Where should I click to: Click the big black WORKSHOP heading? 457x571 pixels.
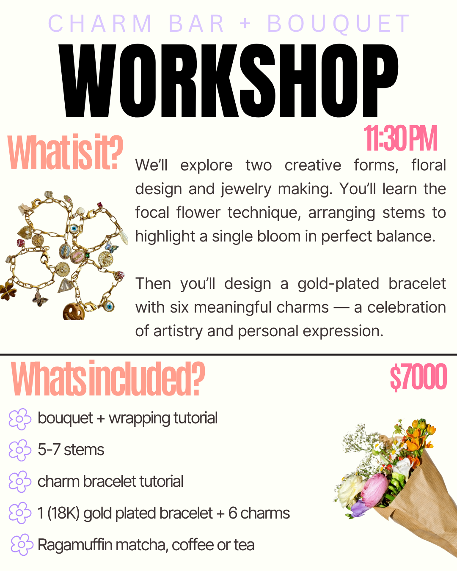tap(228, 80)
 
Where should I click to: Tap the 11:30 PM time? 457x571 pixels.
tap(400, 139)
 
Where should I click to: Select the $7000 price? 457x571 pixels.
tap(418, 377)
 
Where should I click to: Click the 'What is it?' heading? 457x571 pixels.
tap(65, 153)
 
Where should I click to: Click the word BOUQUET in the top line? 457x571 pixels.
tap(339, 24)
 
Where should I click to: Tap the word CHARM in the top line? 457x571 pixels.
tap(100, 24)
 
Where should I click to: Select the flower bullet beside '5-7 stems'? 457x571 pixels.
tap(20, 450)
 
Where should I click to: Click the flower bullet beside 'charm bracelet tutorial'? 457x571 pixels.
tap(20, 482)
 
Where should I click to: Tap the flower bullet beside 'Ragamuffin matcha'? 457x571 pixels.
tap(22, 545)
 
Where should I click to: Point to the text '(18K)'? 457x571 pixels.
tap(63, 513)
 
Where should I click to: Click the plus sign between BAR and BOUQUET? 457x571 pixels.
tap(245, 24)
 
